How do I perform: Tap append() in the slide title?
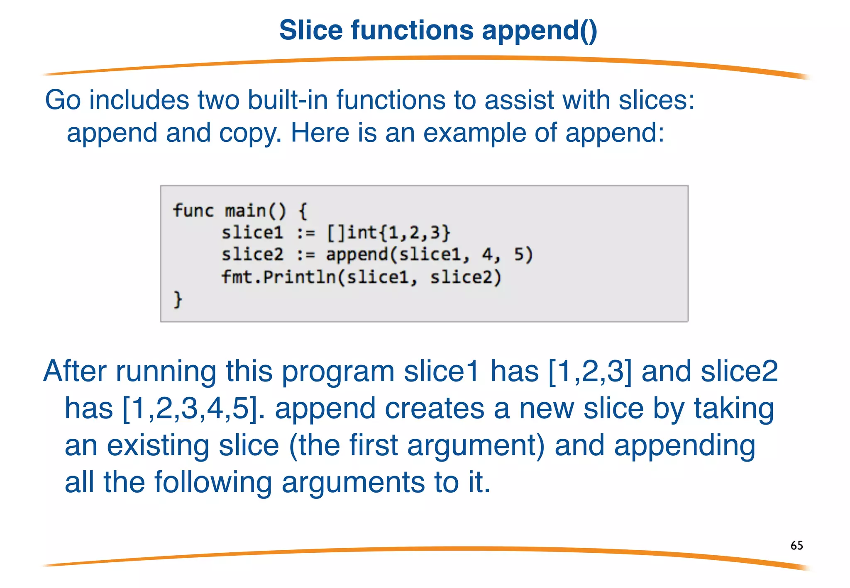click(x=539, y=31)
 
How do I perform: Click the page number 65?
click(x=796, y=545)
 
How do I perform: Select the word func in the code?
click(x=193, y=210)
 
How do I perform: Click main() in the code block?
click(x=255, y=211)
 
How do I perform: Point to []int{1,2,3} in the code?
click(x=388, y=233)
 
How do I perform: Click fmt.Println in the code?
click(x=278, y=277)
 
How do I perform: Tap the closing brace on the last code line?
click(x=178, y=299)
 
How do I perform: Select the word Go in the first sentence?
click(x=63, y=100)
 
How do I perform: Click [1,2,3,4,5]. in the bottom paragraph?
click(x=194, y=408)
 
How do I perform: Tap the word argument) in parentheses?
click(x=476, y=445)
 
